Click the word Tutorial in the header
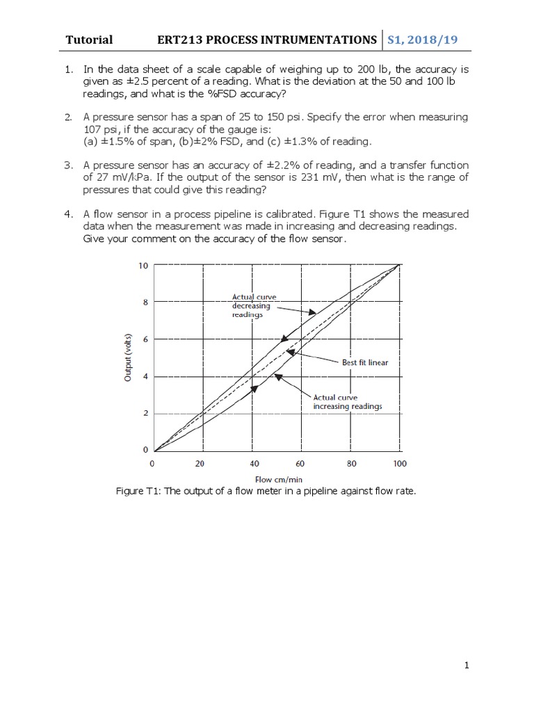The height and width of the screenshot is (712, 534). point(89,40)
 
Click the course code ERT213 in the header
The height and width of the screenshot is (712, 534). point(180,40)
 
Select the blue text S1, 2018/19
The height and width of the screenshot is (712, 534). point(428,40)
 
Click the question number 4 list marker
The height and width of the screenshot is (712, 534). point(69,213)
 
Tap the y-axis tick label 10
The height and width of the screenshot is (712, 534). point(143,266)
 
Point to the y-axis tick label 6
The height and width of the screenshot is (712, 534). point(145,339)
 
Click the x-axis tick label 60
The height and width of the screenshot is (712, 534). point(300,463)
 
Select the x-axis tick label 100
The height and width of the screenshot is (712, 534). point(399,463)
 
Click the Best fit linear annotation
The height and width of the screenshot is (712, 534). point(365,362)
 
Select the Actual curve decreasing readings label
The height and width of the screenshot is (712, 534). point(255,306)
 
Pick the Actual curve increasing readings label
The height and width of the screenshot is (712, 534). point(347,402)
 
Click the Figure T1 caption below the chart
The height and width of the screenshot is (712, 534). point(266,492)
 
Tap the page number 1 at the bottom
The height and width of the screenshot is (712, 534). point(467,665)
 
